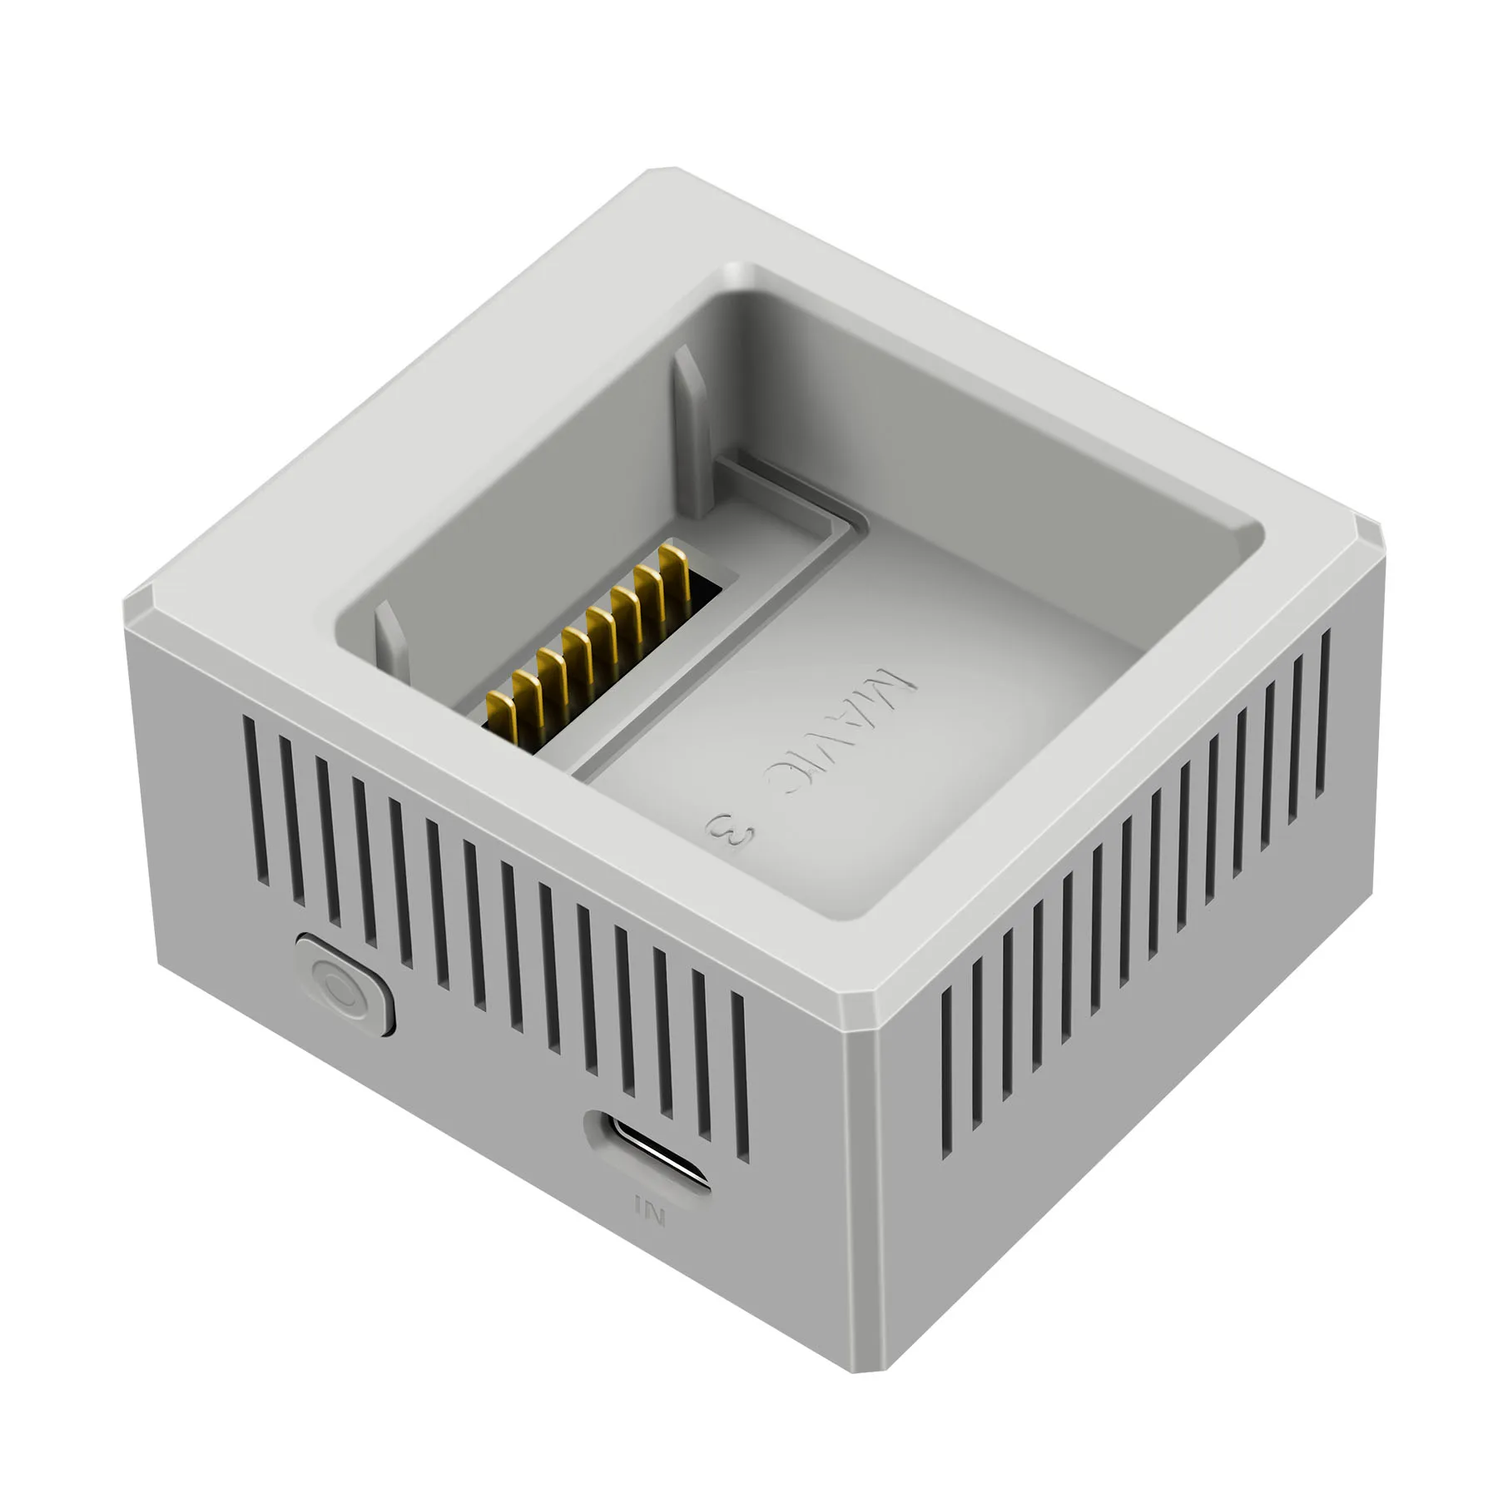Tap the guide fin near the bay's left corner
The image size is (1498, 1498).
[389, 639]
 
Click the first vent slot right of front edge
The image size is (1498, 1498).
[946, 1074]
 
